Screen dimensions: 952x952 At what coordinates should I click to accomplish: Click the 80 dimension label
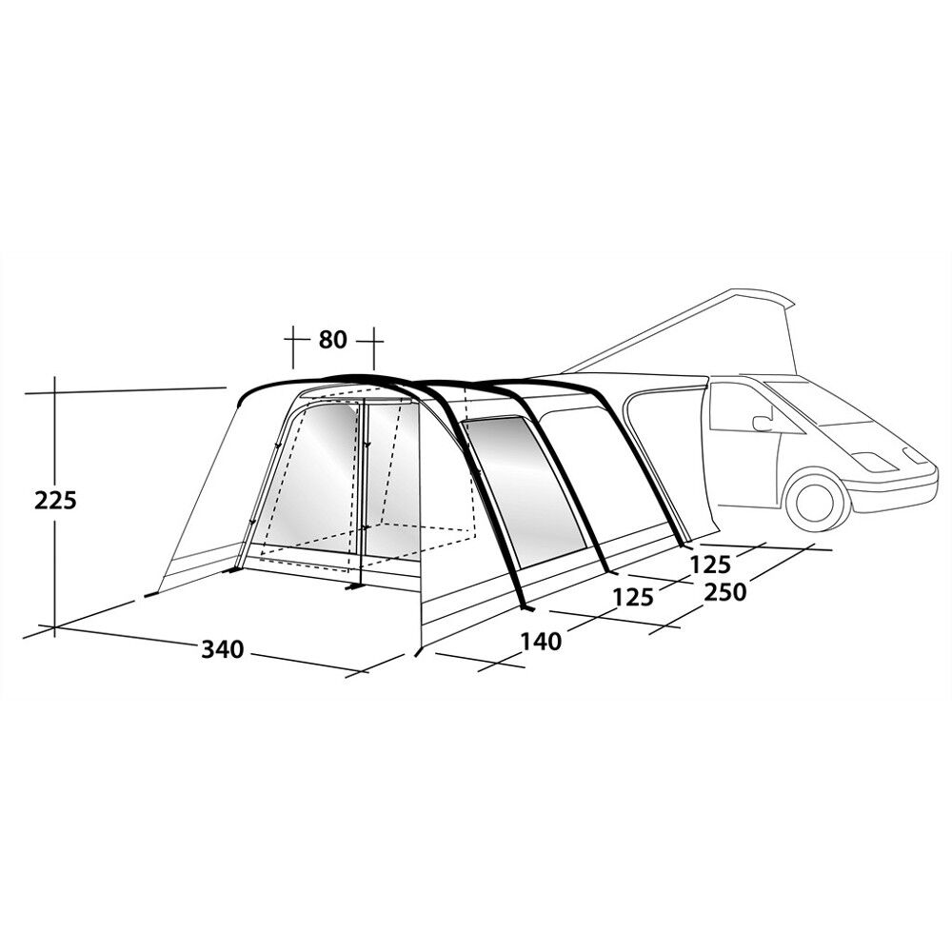click(332, 340)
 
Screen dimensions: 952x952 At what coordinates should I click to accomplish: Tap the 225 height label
click(55, 501)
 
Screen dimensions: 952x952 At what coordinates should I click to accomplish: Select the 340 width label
click(222, 649)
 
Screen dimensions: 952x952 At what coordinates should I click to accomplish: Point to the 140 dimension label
click(541, 641)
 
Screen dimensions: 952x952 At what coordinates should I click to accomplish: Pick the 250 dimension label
click(724, 591)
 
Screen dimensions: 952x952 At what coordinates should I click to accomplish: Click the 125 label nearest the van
click(710, 565)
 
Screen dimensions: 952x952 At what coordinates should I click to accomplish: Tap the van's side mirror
click(762, 424)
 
